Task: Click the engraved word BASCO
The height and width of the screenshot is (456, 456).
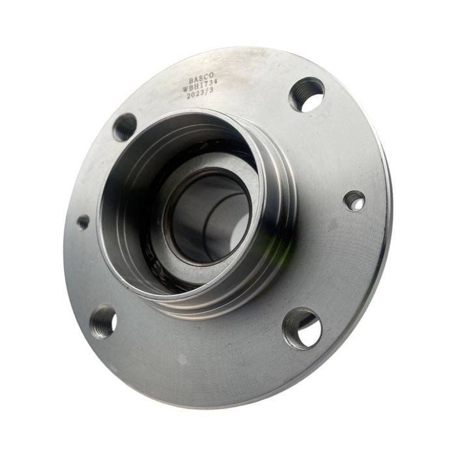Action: [x=201, y=79]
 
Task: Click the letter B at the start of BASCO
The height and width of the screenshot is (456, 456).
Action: [x=191, y=80]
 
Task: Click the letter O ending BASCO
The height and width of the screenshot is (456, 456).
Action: [x=211, y=77]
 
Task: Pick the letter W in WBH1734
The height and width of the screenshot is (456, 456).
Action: [x=186, y=89]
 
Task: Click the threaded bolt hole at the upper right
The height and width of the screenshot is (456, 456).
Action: [x=307, y=95]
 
